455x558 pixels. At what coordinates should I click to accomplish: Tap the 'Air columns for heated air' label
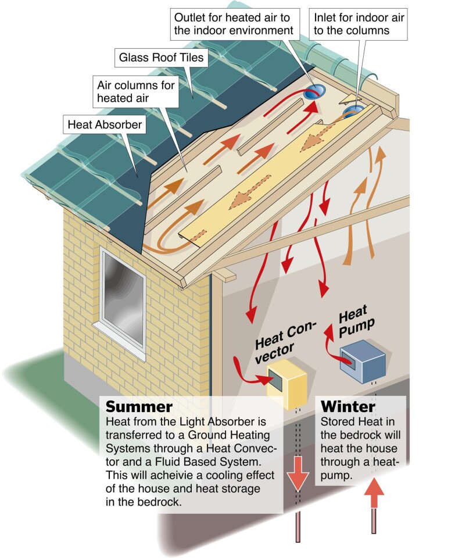135,91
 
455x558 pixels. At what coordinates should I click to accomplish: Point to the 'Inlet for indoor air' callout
357,23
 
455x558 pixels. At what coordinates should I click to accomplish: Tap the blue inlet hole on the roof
352,110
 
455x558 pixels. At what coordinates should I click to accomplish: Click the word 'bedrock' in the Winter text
370,435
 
